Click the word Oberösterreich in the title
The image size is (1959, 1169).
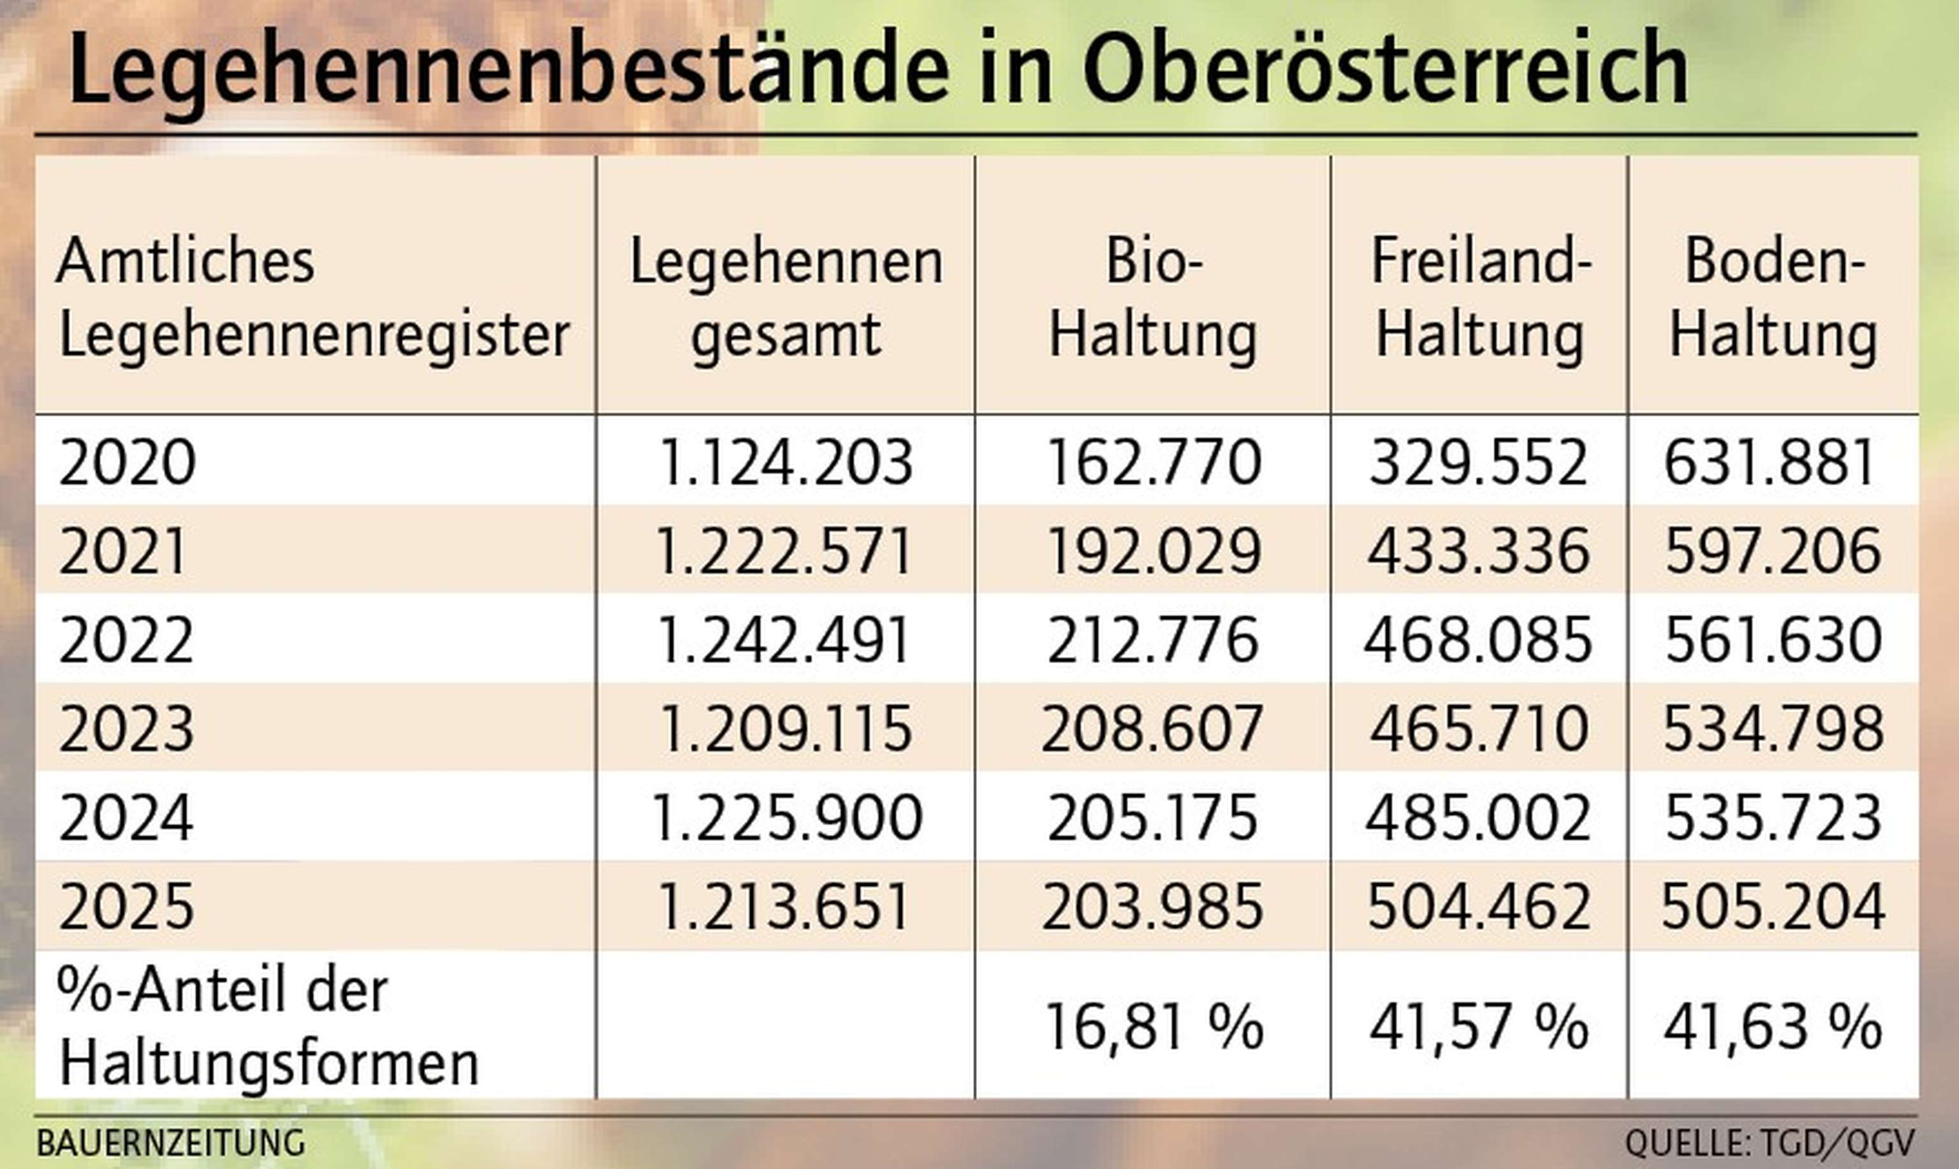click(x=1385, y=69)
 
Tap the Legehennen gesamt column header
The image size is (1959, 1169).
click(x=786, y=298)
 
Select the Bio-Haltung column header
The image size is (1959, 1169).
click(x=1153, y=298)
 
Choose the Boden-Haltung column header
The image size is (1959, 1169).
click(x=1773, y=298)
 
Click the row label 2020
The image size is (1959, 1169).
click(x=127, y=462)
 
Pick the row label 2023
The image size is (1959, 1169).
click(x=126, y=729)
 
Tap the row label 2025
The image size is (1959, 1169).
click(x=126, y=906)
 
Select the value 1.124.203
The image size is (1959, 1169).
click(x=786, y=462)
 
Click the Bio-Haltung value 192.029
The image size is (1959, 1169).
click(x=1154, y=551)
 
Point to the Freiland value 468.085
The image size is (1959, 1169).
click(x=1478, y=640)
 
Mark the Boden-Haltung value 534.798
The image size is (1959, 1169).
click(x=1773, y=729)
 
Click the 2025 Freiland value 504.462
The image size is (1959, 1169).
click(x=1478, y=906)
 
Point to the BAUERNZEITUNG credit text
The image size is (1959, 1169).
click(x=171, y=1143)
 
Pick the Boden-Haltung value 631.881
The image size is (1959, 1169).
click(x=1770, y=462)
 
